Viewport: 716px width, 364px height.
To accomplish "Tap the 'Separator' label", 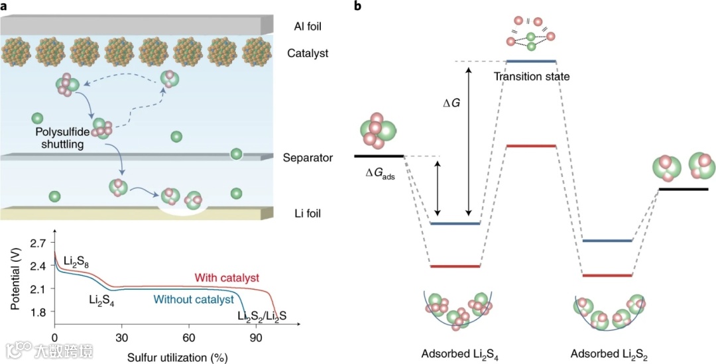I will click(308, 158).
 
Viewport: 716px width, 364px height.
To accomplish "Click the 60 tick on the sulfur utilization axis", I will click(189, 335).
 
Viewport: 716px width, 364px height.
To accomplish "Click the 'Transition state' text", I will click(532, 77).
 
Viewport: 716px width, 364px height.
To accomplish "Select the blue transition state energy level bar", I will click(531, 62).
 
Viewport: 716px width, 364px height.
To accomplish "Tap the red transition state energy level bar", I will click(531, 145).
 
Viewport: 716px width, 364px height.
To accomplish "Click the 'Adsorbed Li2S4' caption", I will click(459, 353).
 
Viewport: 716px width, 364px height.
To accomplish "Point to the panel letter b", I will click(359, 6).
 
